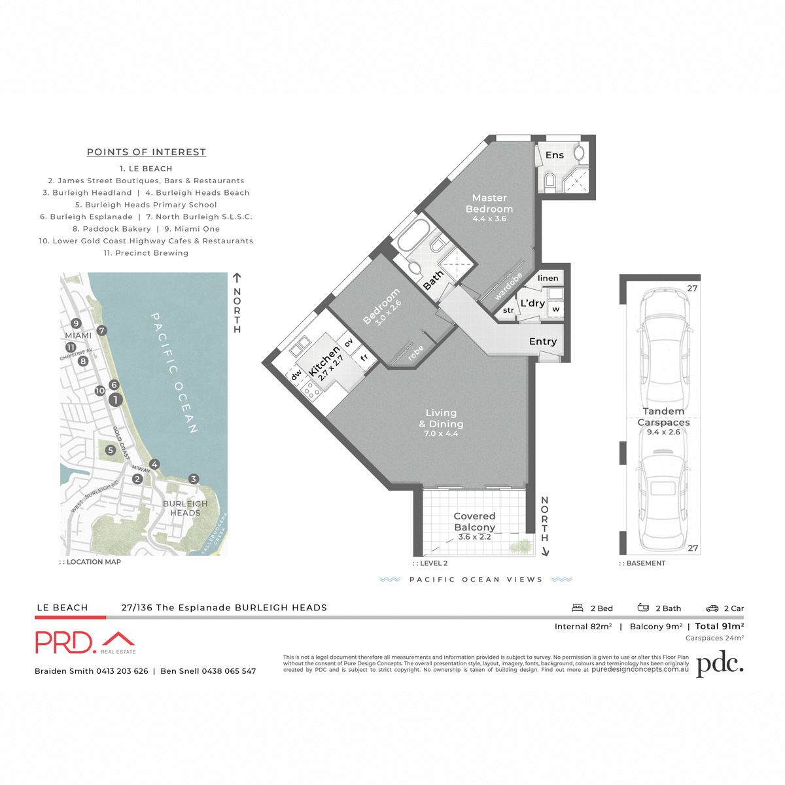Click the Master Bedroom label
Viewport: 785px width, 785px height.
[x=489, y=203]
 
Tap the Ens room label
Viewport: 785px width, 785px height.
[x=555, y=155]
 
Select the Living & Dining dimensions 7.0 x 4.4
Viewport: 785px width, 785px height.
[x=441, y=434]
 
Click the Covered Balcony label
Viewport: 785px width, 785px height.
[x=474, y=521]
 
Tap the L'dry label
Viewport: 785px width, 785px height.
[x=532, y=304]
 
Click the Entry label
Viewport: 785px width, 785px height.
[x=543, y=341]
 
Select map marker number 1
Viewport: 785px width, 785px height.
[x=115, y=400]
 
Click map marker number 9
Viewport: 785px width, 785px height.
[x=76, y=323]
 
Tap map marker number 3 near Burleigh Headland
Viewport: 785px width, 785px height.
[x=193, y=479]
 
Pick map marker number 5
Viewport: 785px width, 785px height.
[x=111, y=450]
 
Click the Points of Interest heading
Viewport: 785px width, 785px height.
[x=147, y=152]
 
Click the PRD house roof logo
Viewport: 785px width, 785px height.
[x=118, y=639]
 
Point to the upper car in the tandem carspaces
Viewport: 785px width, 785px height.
[x=664, y=347]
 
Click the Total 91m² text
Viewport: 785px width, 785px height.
[x=720, y=626]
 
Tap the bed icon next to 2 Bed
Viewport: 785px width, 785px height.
[x=578, y=608]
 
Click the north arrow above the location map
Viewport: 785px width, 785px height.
[x=237, y=278]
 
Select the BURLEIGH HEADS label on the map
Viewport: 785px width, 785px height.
[x=185, y=508]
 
